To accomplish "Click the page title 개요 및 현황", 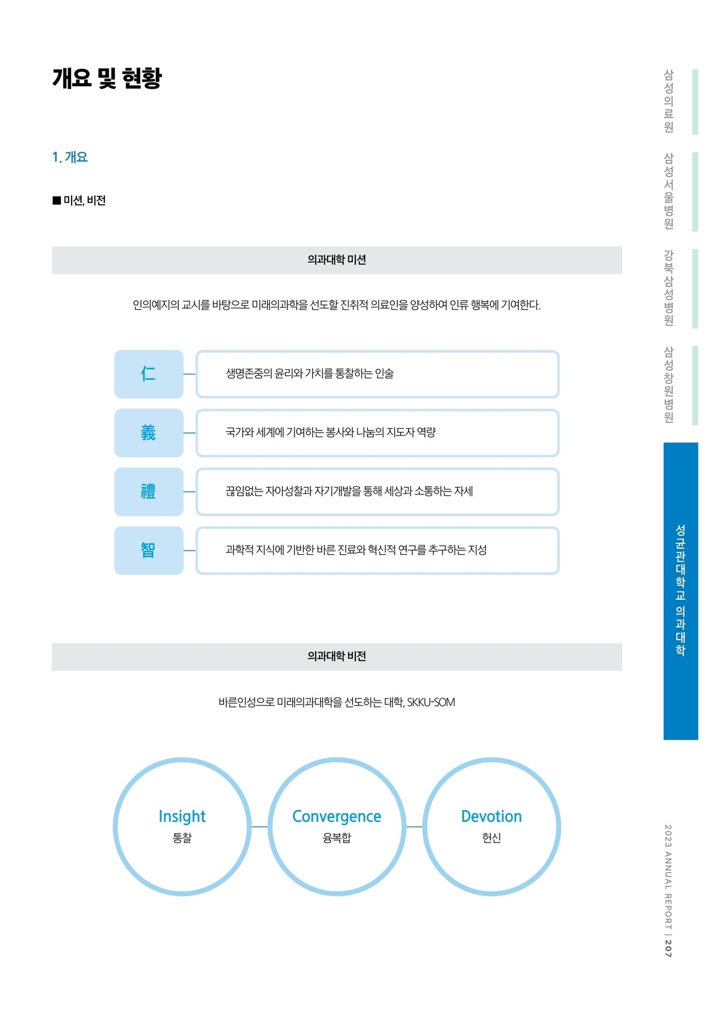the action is tap(106, 78).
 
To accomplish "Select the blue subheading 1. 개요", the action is tap(70, 157).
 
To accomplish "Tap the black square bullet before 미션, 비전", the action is tap(57, 201).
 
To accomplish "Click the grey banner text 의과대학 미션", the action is tap(337, 260).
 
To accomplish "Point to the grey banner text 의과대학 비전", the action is tap(337, 656).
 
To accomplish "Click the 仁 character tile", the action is tap(149, 374).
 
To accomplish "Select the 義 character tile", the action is tap(149, 433).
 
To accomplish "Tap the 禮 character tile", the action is tap(149, 492).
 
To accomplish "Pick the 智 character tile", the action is tap(149, 550).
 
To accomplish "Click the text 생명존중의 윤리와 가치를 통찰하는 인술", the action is tap(310, 373).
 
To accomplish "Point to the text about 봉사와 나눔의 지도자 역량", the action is tap(331, 432).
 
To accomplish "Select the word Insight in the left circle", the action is tap(182, 817).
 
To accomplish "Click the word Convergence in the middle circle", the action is tap(337, 816).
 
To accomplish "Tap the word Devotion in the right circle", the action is tap(491, 816).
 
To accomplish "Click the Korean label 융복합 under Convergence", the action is tap(337, 838).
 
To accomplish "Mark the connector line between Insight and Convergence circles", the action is tap(259, 826).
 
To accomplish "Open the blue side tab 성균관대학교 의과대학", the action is tap(681, 591).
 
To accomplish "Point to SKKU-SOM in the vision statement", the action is tap(431, 702).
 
